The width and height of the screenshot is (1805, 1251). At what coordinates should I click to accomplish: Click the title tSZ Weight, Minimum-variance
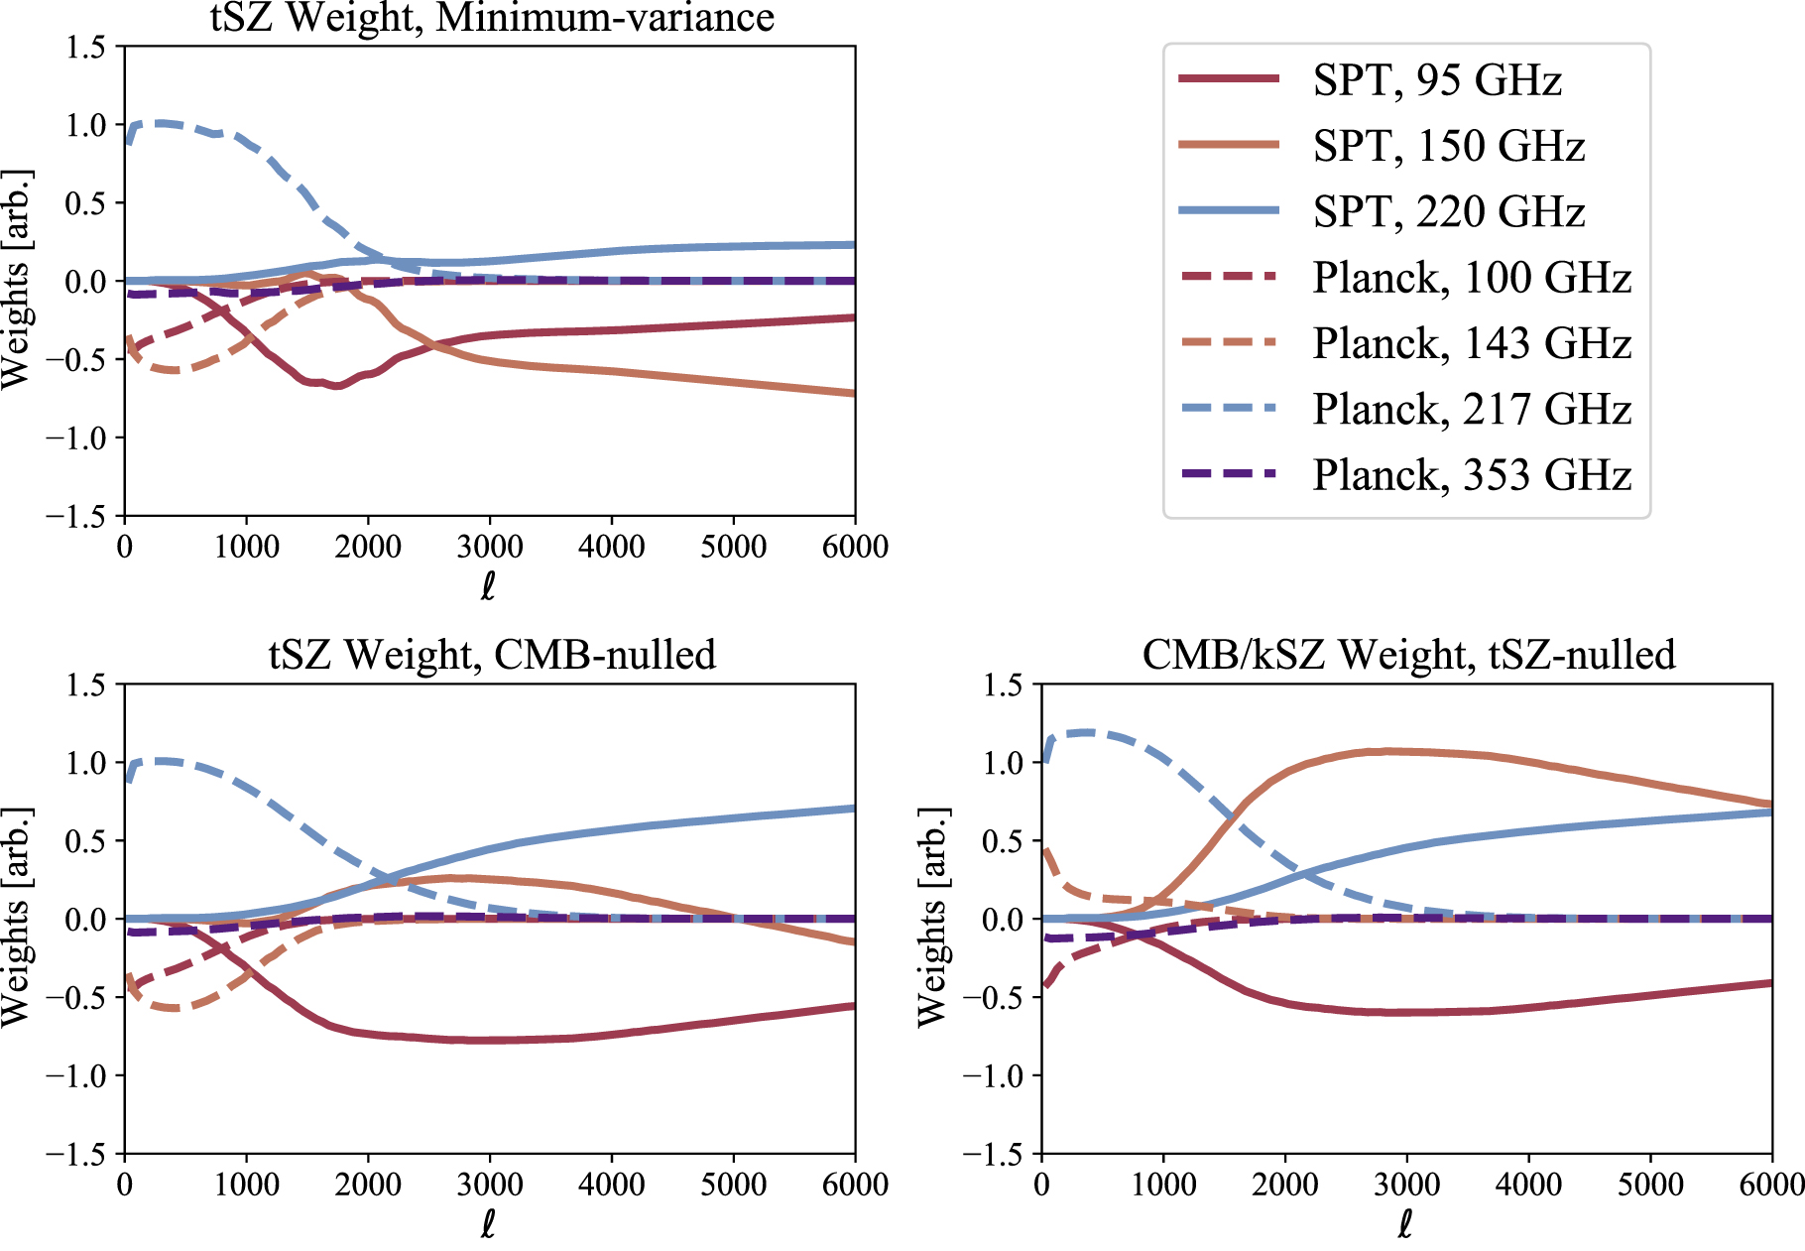[x=492, y=18]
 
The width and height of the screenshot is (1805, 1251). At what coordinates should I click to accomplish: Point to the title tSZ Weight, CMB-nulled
[x=492, y=655]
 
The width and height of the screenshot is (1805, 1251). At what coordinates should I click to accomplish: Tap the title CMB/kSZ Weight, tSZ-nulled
[x=1408, y=655]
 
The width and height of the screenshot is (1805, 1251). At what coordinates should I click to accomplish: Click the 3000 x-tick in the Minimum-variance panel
[x=490, y=547]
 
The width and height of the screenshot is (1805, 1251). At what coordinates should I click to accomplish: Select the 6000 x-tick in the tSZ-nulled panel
[x=1772, y=1185]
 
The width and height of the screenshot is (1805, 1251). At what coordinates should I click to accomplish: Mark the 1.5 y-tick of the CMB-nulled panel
[x=85, y=685]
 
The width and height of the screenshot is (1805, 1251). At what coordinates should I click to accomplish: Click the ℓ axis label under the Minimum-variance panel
[x=488, y=586]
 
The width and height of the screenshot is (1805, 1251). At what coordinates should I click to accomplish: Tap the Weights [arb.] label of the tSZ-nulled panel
[x=932, y=918]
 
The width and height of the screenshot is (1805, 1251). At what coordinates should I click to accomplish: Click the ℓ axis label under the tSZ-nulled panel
[x=1405, y=1225]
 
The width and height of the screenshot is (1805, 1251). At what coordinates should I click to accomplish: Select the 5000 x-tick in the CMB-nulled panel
[x=733, y=1185]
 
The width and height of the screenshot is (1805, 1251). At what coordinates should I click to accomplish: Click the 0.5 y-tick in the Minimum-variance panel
[x=85, y=203]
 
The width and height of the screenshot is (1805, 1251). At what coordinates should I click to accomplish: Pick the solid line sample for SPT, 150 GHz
[x=1228, y=145]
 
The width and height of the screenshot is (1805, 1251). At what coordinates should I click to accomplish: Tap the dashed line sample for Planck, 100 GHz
[x=1228, y=277]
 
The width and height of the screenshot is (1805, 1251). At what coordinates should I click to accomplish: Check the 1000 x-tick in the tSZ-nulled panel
[x=1163, y=1185]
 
